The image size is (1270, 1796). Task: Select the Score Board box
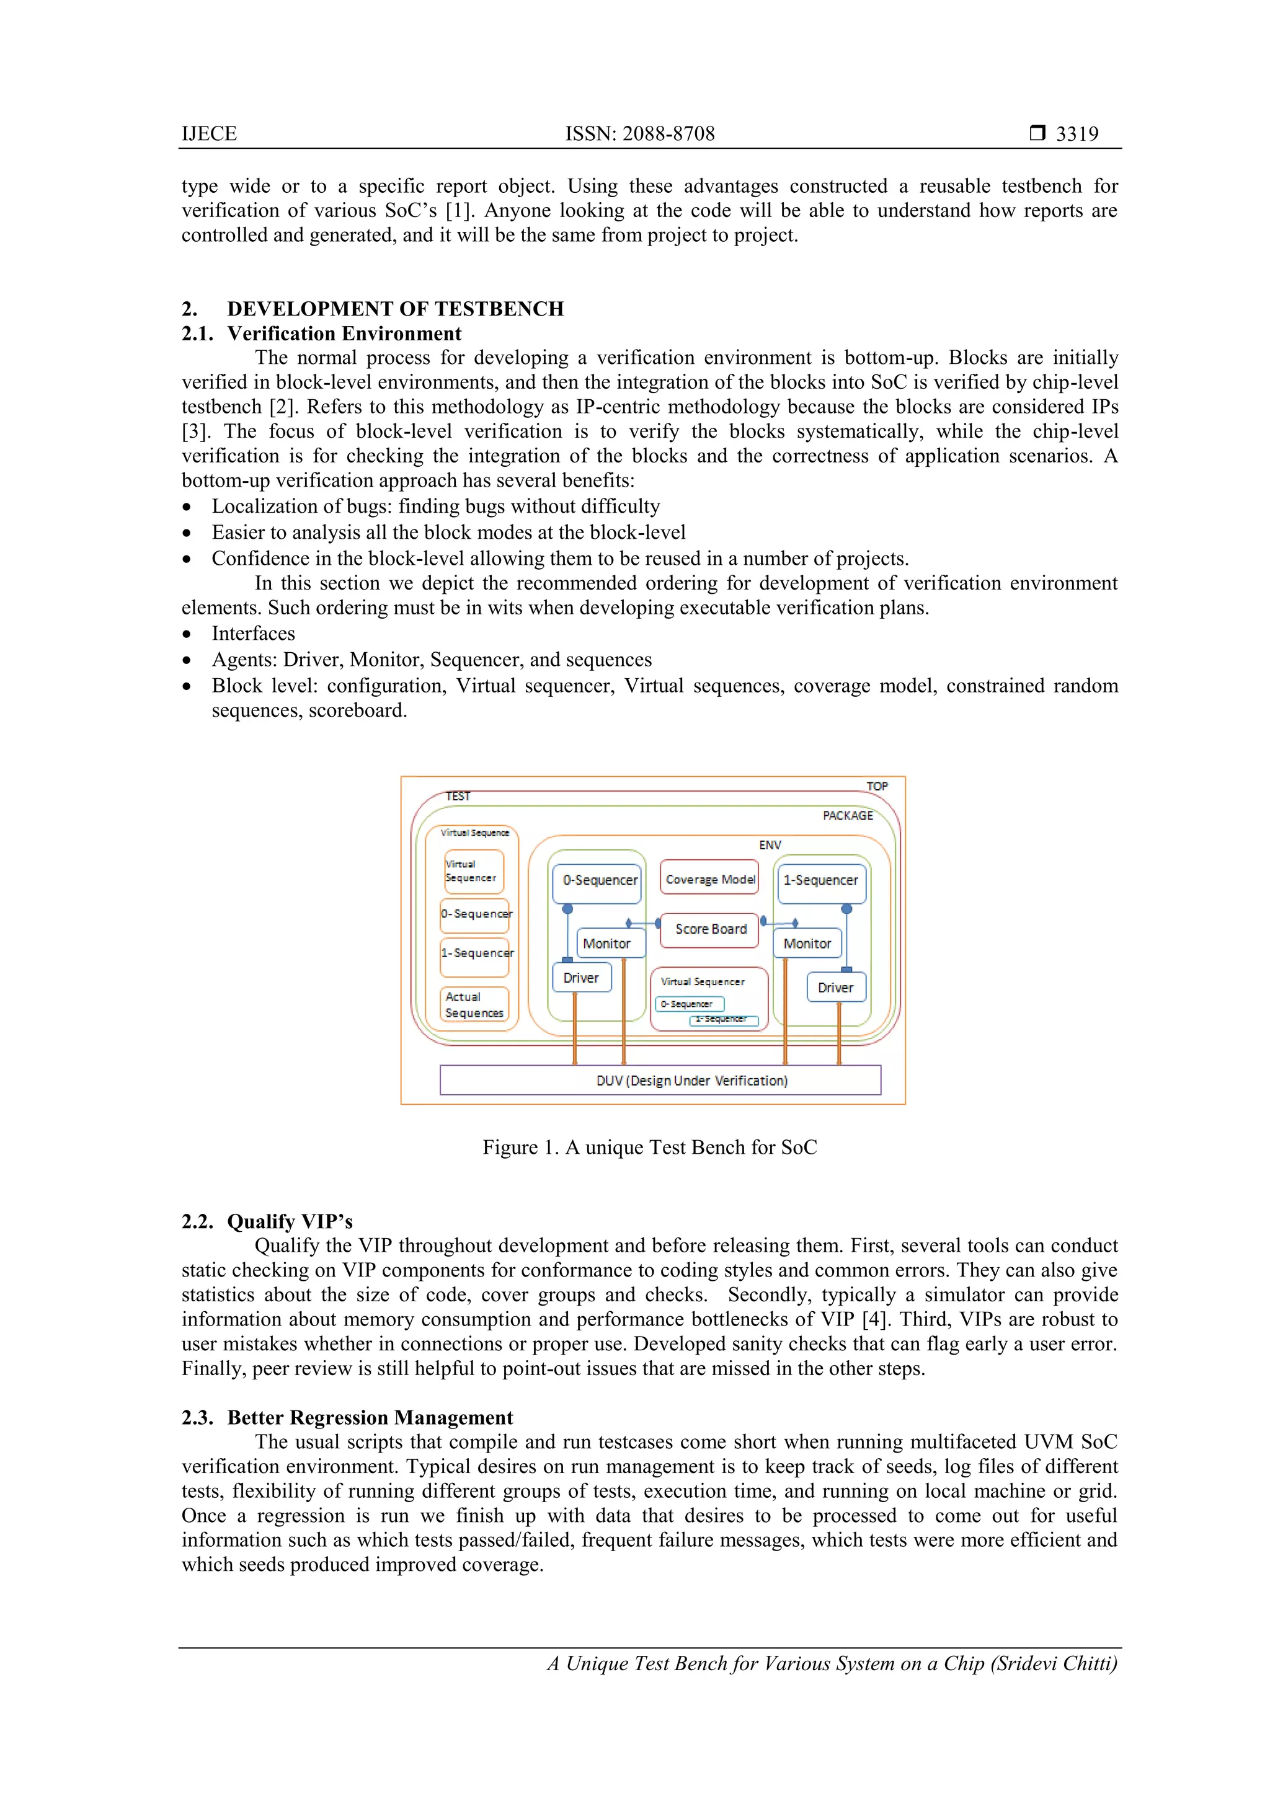(710, 929)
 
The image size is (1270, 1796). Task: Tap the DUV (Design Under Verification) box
(660, 1080)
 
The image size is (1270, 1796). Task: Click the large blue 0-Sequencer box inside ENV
(597, 881)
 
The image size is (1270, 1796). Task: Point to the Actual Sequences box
(474, 1004)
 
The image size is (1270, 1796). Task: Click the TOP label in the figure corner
(876, 786)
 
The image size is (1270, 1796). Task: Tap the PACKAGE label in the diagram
(848, 815)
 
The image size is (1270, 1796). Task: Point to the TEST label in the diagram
(458, 796)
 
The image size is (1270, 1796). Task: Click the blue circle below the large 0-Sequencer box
(567, 909)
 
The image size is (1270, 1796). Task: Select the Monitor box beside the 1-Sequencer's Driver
(807, 944)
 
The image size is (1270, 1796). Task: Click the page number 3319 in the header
(1077, 134)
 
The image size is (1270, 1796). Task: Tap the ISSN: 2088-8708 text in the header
(639, 134)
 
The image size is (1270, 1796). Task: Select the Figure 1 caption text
(649, 1147)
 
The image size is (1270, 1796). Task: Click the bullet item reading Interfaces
(253, 633)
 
